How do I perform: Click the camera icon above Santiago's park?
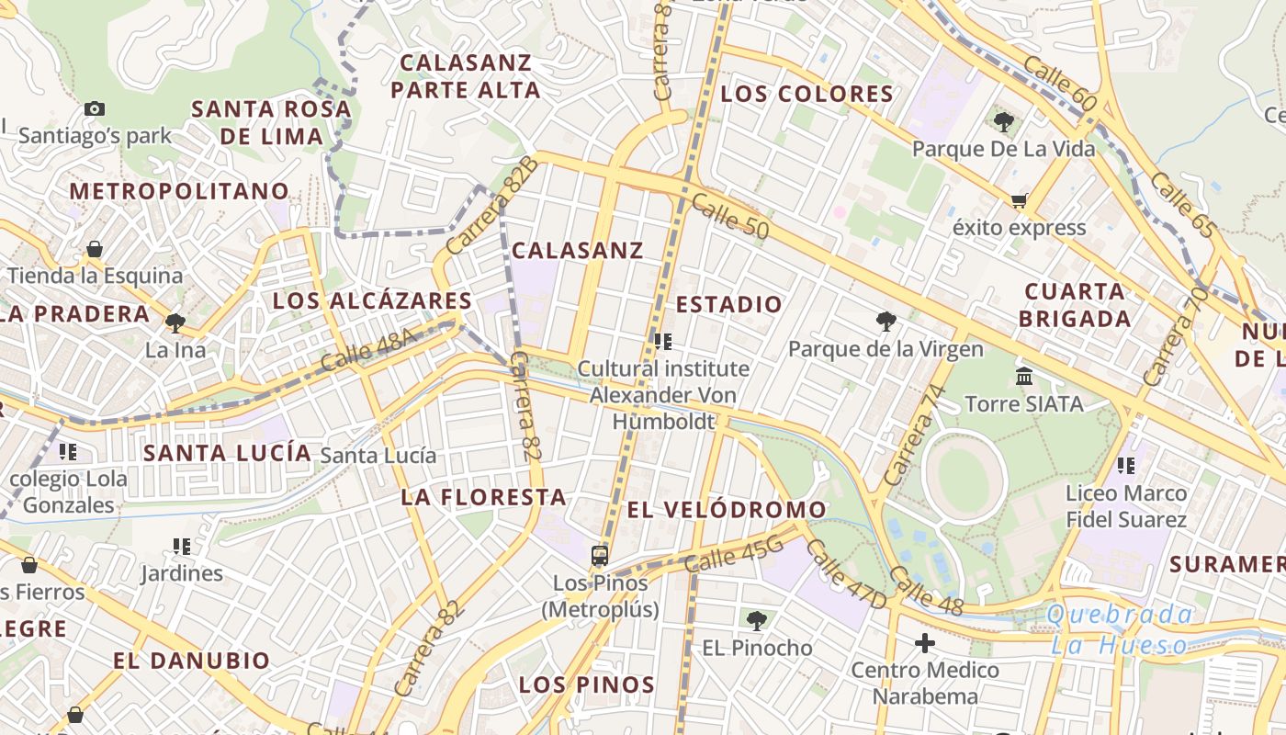click(94, 109)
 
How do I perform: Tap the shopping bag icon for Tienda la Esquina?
click(94, 249)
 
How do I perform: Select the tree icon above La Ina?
click(175, 322)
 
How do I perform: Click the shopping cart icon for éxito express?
click(1018, 201)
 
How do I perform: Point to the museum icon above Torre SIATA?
click(1024, 377)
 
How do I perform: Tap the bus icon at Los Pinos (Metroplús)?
click(600, 556)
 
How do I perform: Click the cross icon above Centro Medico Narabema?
click(925, 642)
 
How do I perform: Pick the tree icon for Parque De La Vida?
click(1003, 121)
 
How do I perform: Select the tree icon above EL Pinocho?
click(757, 621)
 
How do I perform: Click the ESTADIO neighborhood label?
click(729, 304)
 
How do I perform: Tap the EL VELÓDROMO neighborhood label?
click(727, 510)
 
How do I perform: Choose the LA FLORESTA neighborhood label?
click(483, 497)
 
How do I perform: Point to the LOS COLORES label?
click(807, 94)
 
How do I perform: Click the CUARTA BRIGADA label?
click(1076, 305)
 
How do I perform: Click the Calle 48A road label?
click(369, 350)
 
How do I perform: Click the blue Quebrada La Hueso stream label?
click(1121, 629)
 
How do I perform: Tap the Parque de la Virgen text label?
click(886, 349)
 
